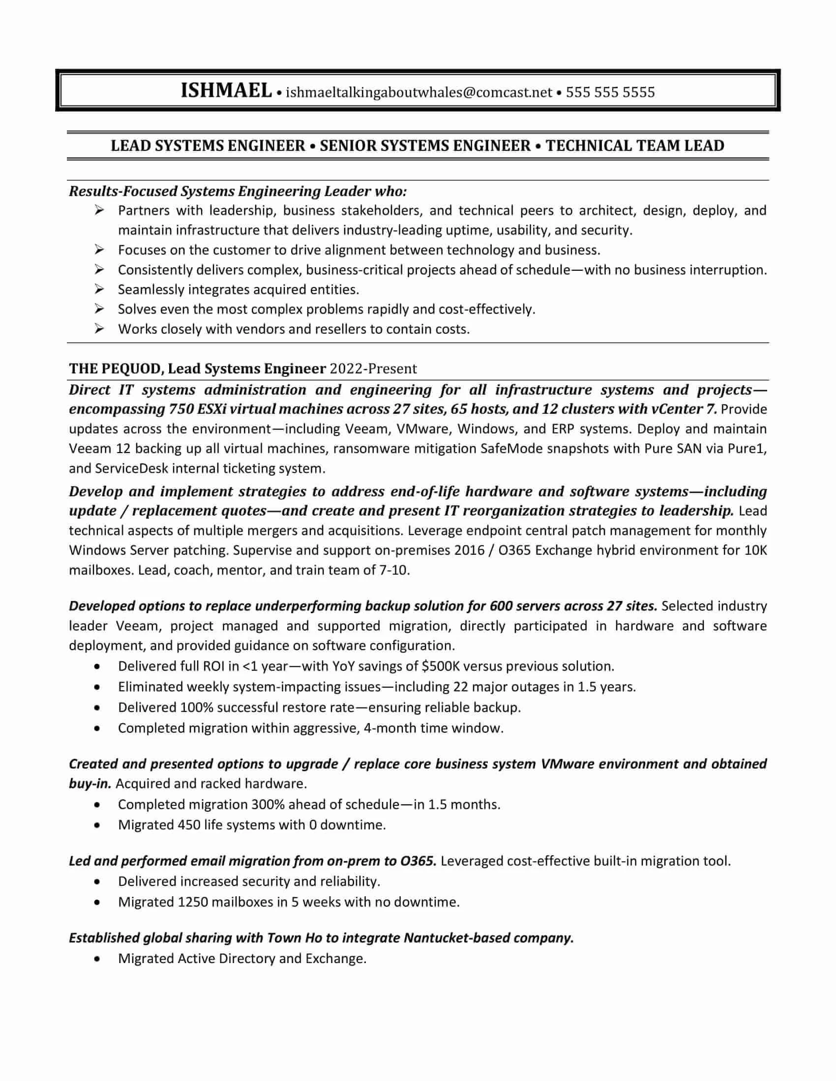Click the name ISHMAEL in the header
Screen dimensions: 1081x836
click(x=226, y=91)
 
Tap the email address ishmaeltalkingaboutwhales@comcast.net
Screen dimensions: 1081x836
click(x=418, y=92)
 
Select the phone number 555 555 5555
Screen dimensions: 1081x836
click(x=610, y=92)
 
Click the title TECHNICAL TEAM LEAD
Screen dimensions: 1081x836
click(x=635, y=145)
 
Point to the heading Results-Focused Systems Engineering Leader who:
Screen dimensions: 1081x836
click(x=238, y=191)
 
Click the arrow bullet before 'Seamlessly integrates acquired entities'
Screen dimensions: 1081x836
click(x=99, y=289)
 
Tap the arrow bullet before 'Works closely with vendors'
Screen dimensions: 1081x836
click(x=99, y=329)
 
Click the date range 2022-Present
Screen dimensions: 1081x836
click(x=373, y=369)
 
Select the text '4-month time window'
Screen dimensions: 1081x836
click(x=433, y=728)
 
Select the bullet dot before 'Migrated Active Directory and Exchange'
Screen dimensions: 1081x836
click(x=97, y=959)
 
